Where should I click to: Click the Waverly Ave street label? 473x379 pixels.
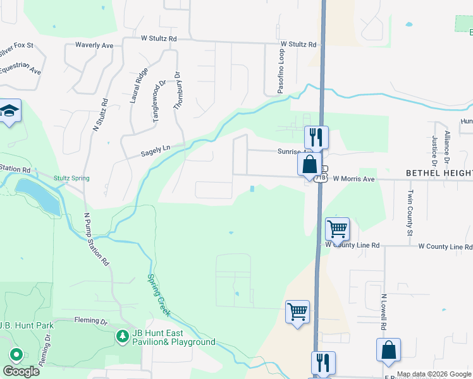(x=94, y=45)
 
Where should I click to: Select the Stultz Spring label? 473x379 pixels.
(x=71, y=178)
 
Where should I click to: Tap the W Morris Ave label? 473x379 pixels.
(x=354, y=179)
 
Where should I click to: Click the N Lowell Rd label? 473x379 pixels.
(x=383, y=311)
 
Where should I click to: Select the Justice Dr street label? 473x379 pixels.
(x=435, y=150)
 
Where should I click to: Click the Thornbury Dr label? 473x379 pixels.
(x=178, y=89)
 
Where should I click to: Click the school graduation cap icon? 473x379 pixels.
(x=9, y=111)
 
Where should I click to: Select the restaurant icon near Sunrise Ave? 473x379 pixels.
(x=317, y=137)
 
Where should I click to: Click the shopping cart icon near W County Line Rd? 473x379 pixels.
(x=337, y=229)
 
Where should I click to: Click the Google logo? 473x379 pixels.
(x=21, y=371)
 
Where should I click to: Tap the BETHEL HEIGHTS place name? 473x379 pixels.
(x=439, y=172)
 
